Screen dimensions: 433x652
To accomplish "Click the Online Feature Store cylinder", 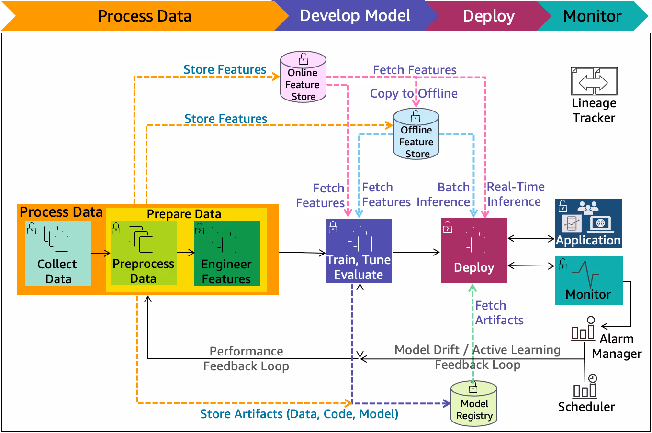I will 303,77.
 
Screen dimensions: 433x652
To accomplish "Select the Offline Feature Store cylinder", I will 416,134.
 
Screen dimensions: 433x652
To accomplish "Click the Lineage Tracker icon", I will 594,82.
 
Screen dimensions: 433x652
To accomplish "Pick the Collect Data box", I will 58,253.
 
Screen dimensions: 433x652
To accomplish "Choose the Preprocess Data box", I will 143,253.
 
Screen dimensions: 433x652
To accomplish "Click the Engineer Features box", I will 226,253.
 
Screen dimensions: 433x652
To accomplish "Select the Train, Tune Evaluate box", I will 359,251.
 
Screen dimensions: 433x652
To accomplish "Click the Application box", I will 588,223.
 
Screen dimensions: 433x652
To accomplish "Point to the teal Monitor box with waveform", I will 588,280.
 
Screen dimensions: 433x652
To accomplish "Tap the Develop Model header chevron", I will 355,16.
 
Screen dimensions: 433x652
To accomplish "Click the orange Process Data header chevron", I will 144,16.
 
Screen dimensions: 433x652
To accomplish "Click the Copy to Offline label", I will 414,93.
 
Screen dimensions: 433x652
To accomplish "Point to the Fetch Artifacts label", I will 499,313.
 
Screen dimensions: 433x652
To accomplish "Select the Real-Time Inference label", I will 515,194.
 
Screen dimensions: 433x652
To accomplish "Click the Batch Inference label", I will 443,195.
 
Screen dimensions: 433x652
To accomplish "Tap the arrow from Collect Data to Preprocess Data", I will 101,253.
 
